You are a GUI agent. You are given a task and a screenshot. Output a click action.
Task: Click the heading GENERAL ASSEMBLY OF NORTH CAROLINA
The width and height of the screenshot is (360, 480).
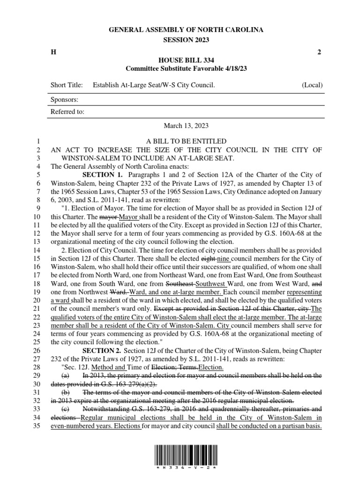[186, 30]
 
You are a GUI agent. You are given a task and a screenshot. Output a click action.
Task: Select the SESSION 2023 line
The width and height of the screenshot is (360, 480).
[186, 40]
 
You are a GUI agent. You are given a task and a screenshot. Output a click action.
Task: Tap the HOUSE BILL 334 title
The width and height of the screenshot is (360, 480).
[186, 60]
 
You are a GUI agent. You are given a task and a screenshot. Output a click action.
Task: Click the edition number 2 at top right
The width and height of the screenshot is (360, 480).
[319, 52]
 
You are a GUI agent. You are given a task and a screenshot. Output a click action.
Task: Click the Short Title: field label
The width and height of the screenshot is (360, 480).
[67, 85]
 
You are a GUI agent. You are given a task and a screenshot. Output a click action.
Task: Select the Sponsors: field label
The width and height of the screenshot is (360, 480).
[64, 99]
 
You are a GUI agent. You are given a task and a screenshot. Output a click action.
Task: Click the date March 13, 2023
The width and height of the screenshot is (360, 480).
[186, 126]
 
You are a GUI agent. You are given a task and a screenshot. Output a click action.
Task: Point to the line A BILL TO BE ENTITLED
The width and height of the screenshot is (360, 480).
[186, 142]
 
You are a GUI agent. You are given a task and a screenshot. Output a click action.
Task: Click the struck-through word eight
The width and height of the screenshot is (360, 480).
[208, 258]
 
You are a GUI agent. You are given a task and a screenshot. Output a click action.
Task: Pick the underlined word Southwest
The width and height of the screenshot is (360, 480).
[211, 284]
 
